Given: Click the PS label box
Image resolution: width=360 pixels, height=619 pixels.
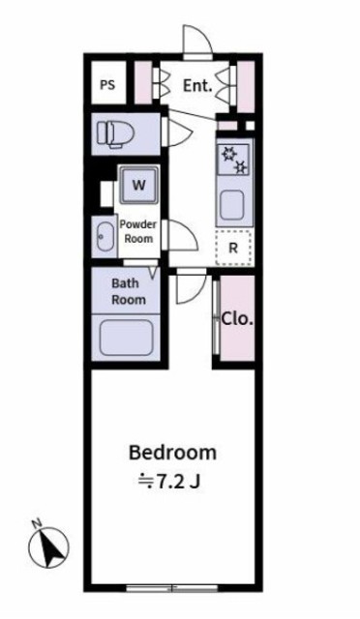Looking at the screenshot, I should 106,85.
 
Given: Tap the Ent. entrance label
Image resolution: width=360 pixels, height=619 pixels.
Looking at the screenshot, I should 197,85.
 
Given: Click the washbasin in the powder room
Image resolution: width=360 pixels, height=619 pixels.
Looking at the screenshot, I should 104,235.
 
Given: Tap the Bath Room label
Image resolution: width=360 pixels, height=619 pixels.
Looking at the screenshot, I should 128,291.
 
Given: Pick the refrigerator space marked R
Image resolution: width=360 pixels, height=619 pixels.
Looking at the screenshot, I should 232,248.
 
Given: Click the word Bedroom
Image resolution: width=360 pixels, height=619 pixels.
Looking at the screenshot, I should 172,452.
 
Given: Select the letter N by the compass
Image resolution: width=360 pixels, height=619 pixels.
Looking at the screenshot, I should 35,524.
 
